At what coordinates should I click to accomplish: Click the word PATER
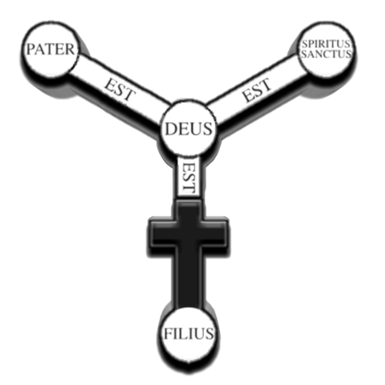(x=51, y=50)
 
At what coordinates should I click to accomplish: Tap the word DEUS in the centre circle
(x=189, y=129)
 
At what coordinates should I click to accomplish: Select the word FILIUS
(x=189, y=334)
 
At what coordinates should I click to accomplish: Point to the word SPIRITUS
(x=326, y=44)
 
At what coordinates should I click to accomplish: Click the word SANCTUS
(x=326, y=54)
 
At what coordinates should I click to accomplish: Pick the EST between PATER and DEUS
(x=120, y=89)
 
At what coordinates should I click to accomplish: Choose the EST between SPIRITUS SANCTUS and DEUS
(x=257, y=90)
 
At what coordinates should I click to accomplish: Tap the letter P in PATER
(x=31, y=50)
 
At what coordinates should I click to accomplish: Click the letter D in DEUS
(x=171, y=129)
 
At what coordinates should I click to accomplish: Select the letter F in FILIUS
(x=168, y=334)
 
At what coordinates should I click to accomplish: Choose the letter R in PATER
(x=70, y=50)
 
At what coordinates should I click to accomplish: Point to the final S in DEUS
(x=209, y=129)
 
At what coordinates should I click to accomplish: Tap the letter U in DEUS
(x=197, y=129)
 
